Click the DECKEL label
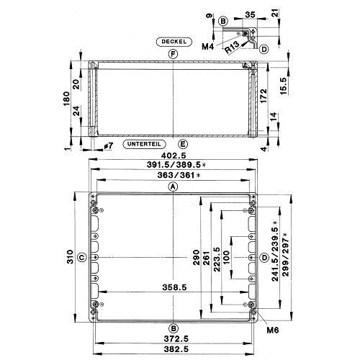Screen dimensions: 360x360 174,42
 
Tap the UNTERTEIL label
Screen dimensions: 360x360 144,144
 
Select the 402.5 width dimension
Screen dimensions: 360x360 174,156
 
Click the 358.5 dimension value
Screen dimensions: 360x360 174,287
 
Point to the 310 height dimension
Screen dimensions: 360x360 70,257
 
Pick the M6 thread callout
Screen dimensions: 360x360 273,330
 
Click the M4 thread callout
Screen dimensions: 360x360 207,47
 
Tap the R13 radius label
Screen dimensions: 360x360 232,47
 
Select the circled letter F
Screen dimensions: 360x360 173,55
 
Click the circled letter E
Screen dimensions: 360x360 183,144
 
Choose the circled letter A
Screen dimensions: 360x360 173,186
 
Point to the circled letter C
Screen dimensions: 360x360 82,258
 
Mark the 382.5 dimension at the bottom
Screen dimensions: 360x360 176,349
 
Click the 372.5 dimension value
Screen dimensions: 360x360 176,339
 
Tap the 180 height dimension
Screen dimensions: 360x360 66,99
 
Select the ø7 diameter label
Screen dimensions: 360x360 108,146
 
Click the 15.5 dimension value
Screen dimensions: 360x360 283,86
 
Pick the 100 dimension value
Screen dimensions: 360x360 226,258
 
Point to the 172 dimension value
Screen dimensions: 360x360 264,96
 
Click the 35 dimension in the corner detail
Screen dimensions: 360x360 250,14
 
